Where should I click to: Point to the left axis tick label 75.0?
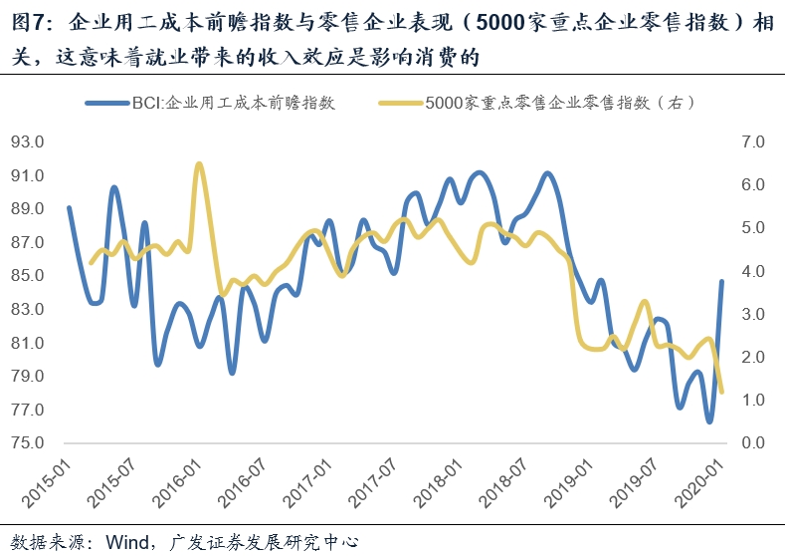[x=27, y=443]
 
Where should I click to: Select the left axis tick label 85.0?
[x=27, y=276]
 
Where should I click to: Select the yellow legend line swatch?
[x=399, y=103]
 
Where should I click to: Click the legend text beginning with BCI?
[x=233, y=103]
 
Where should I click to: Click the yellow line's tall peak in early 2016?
[x=199, y=164]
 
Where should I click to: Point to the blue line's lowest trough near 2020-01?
[x=709, y=421]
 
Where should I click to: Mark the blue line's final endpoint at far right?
[x=722, y=281]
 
